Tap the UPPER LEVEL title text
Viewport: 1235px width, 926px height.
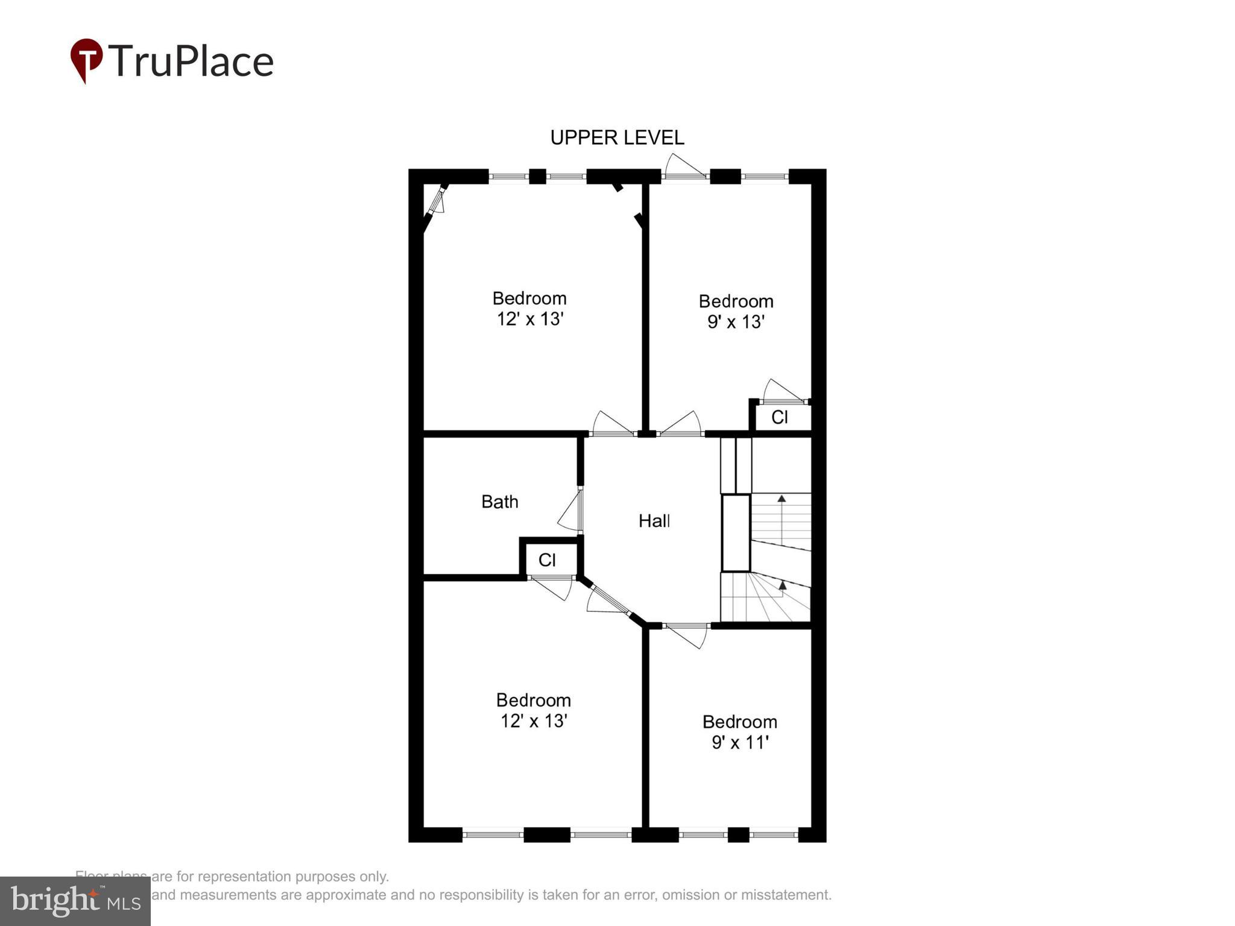617,138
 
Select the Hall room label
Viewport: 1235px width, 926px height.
654,521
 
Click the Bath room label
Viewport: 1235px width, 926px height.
499,502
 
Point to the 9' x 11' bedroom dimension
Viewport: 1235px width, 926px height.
740,742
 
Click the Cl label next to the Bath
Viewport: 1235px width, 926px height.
547,560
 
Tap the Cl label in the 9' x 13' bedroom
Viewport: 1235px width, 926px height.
779,417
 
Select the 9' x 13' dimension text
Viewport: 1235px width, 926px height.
736,322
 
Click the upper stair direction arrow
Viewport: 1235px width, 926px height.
782,499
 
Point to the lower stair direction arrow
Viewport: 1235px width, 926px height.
783,584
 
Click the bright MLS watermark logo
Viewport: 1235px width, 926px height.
75,901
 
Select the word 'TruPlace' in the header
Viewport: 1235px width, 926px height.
191,61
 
